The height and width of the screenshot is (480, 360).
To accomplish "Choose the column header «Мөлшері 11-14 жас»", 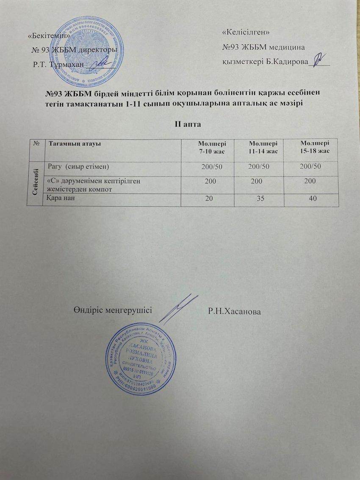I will [263, 147].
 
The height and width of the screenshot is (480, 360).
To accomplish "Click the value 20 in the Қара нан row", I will [209, 199].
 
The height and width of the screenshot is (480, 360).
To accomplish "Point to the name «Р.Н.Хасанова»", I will [235, 311].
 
